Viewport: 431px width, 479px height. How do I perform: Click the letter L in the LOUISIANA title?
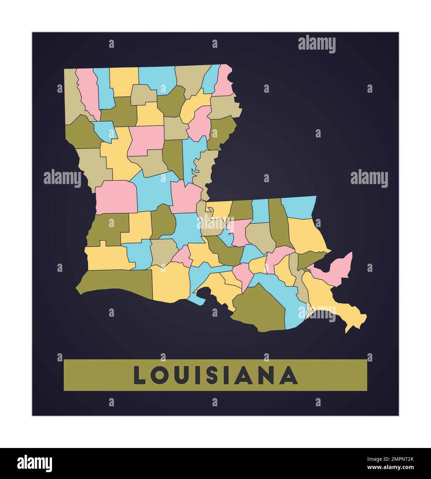[x=140, y=375]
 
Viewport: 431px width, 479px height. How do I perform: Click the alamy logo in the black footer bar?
[x=35, y=463]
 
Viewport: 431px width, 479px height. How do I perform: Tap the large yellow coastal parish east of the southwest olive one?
[x=171, y=281]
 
